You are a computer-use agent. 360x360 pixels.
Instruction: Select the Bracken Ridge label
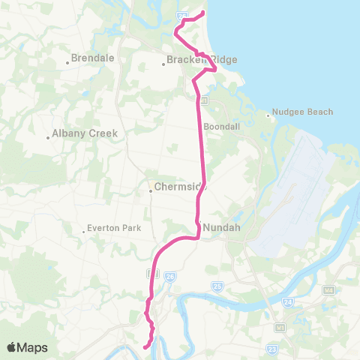(x=191, y=59)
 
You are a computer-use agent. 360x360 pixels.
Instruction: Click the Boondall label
(x=221, y=127)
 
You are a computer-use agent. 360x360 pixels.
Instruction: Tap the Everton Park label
(x=109, y=227)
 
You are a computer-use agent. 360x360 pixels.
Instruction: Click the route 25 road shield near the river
(x=217, y=286)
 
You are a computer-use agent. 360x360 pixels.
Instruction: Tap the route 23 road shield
(x=272, y=349)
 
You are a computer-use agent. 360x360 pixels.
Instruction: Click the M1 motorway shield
(x=280, y=328)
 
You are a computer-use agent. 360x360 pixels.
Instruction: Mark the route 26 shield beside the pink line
(x=170, y=276)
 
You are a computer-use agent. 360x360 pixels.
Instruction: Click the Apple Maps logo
(x=27, y=347)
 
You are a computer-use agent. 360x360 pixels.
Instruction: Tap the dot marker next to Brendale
(x=68, y=63)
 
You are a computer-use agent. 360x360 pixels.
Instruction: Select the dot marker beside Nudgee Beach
(x=268, y=115)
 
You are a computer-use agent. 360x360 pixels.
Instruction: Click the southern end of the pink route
(x=144, y=346)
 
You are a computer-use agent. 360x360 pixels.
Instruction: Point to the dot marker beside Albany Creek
(x=48, y=137)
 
